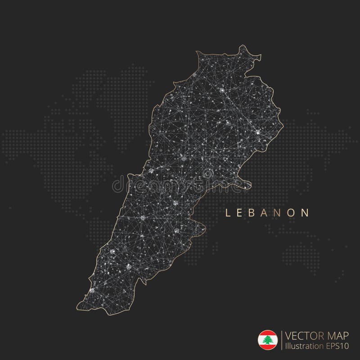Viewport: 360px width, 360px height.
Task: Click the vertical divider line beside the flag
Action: pos(281,340)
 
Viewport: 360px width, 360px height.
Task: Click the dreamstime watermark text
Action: pos(180,180)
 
